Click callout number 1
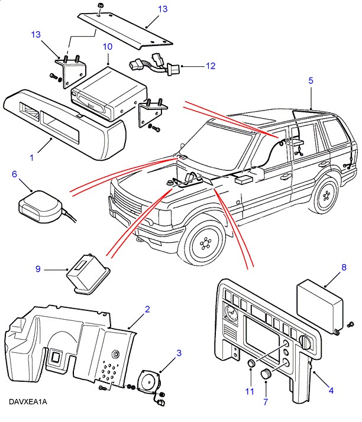(31, 158)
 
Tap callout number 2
(147, 309)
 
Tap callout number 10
(108, 46)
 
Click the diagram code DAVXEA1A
(27, 402)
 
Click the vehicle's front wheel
(205, 244)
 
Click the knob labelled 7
(266, 374)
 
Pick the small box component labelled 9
(85, 274)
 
